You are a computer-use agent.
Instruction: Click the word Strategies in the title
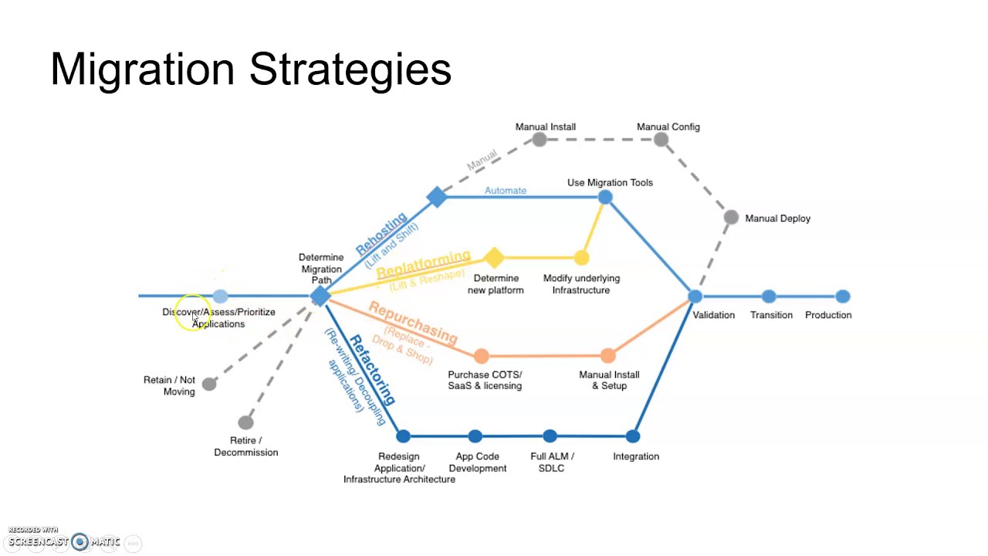tap(350, 69)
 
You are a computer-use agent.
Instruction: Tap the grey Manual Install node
tap(540, 140)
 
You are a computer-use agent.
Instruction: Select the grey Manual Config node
tap(661, 140)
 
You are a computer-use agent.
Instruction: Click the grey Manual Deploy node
tap(731, 218)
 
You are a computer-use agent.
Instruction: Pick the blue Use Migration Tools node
tap(605, 198)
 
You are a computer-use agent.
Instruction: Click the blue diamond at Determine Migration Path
tap(320, 296)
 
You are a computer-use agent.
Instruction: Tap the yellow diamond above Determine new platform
tap(494, 257)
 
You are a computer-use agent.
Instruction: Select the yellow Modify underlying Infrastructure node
tap(581, 258)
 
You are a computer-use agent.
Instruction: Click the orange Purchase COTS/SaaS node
tap(482, 356)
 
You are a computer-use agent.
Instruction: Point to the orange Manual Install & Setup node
tap(608, 355)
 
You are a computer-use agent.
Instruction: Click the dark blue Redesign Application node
tap(403, 436)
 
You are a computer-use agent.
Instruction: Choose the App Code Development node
tap(475, 436)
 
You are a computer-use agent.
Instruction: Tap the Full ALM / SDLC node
tap(550, 436)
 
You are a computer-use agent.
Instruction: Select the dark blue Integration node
tap(633, 436)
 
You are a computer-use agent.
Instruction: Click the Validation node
tap(695, 296)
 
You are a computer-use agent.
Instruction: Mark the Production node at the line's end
tap(843, 296)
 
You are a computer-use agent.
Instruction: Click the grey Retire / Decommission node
tap(245, 422)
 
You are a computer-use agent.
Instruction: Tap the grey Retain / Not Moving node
tap(209, 384)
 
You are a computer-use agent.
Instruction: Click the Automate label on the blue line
tap(506, 190)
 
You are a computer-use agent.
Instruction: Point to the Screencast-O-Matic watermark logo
tap(80, 542)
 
